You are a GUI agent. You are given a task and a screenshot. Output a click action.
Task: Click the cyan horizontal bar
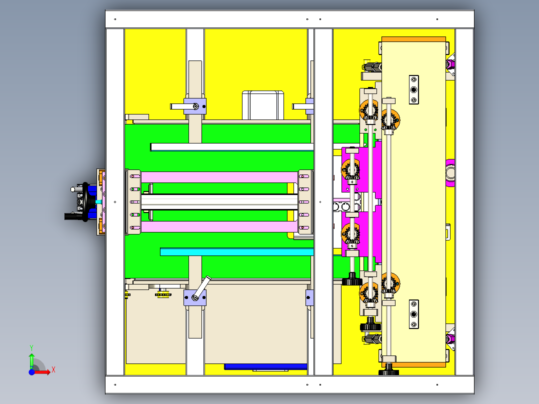point(237,251)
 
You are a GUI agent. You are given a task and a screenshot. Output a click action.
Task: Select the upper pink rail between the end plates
point(219,177)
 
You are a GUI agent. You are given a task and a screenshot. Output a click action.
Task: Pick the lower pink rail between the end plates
point(219,226)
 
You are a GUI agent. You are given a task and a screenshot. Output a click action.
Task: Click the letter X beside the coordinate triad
point(53,370)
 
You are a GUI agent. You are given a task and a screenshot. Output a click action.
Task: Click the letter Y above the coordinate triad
point(31,348)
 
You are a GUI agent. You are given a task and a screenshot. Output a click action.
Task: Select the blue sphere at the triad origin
point(31,372)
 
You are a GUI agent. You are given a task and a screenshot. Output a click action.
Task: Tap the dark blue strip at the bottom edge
point(265,366)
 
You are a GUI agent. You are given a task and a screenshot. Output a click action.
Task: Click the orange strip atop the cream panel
point(414,39)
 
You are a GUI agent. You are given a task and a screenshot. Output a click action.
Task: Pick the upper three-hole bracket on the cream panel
point(414,89)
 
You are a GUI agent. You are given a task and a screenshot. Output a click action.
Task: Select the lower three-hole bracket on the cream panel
point(414,314)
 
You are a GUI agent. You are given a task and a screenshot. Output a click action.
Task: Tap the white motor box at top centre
point(263,105)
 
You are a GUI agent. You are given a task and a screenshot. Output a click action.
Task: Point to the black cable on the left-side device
point(73,216)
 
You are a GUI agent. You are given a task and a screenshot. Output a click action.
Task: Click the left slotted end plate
point(133,202)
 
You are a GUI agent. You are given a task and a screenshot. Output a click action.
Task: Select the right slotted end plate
point(305,202)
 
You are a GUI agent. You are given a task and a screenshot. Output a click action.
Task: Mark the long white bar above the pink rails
point(232,147)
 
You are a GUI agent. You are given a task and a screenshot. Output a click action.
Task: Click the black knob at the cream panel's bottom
point(388,370)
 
